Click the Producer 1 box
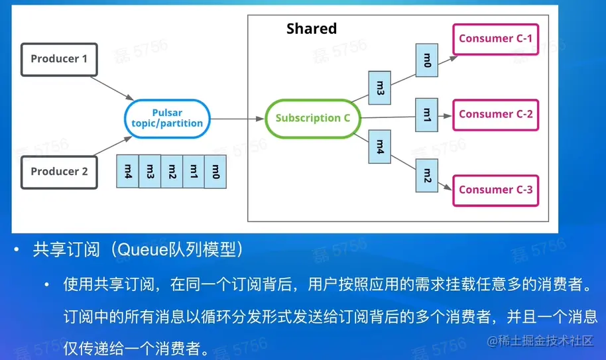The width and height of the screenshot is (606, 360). [59, 58]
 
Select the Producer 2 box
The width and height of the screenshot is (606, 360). [59, 171]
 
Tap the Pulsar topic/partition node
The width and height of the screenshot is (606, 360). [167, 119]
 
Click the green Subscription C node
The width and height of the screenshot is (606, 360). [312, 118]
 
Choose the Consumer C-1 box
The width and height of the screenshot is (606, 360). [495, 38]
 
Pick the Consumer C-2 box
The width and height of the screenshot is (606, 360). [495, 114]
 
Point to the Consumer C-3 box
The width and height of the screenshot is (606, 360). [495, 190]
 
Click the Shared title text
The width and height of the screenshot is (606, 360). [312, 29]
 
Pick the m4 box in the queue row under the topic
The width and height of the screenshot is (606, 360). [128, 171]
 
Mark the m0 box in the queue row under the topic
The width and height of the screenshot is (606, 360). [215, 171]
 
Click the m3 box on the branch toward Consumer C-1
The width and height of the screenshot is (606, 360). [380, 89]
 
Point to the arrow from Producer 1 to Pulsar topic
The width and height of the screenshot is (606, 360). [110, 88]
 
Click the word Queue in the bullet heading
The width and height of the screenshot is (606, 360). [140, 250]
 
